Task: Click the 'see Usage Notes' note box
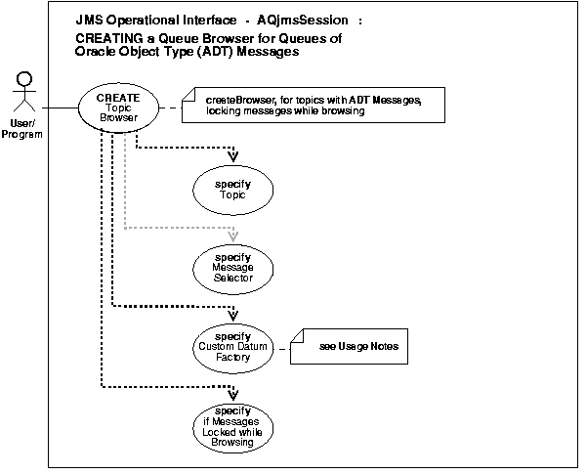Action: [x=355, y=347]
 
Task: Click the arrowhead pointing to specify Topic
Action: [x=232, y=155]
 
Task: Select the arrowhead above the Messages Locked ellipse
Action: [x=232, y=394]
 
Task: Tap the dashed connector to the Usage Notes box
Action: [x=284, y=347]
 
